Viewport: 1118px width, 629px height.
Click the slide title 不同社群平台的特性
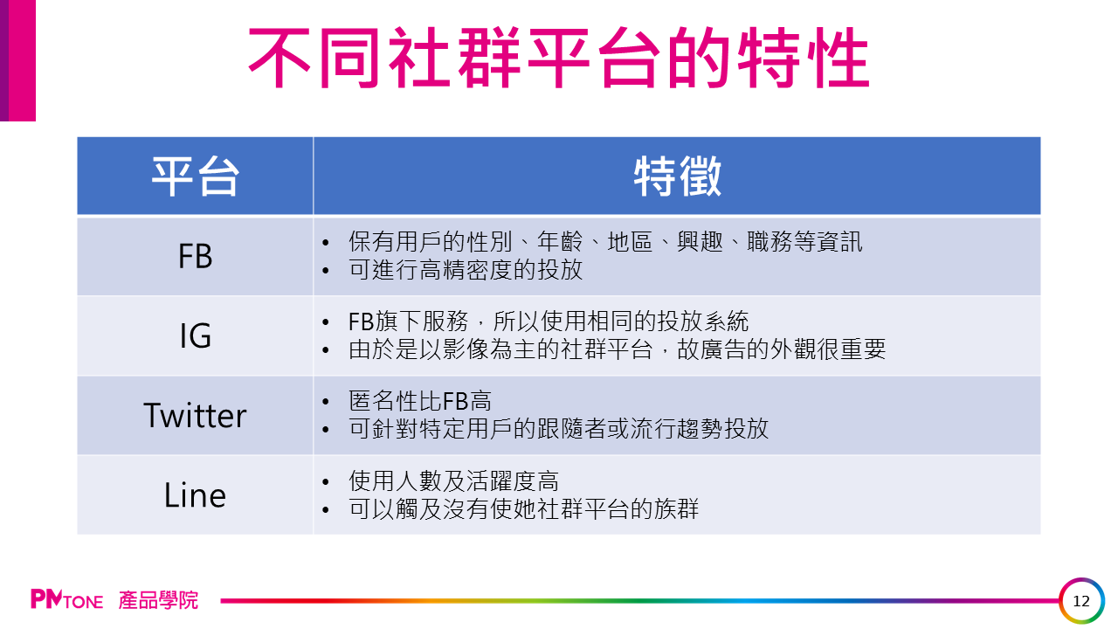pyautogui.click(x=559, y=58)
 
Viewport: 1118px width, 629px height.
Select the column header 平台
pyautogui.click(x=195, y=176)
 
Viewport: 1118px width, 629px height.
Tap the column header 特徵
pyautogui.click(x=677, y=176)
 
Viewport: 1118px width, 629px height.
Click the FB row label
pyautogui.click(x=195, y=256)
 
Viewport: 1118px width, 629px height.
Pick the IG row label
pyautogui.click(x=195, y=335)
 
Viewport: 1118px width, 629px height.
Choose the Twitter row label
pyautogui.click(x=195, y=415)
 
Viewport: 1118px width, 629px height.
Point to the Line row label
pyautogui.click(x=195, y=495)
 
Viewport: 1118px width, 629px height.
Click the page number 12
pyautogui.click(x=1081, y=601)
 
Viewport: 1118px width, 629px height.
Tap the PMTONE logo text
pyautogui.click(x=67, y=599)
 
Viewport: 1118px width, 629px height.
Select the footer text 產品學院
pyautogui.click(x=158, y=600)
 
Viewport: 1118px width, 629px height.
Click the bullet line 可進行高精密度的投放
pyautogui.click(x=466, y=270)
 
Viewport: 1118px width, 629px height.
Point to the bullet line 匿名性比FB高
pyautogui.click(x=420, y=401)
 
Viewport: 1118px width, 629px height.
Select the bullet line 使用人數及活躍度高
pyautogui.click(x=453, y=480)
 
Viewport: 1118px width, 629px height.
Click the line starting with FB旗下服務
pyautogui.click(x=549, y=321)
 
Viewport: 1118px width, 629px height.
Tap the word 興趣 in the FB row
pyautogui.click(x=700, y=242)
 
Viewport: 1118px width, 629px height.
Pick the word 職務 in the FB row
pyautogui.click(x=770, y=242)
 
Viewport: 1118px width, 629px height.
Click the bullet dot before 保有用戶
pyautogui.click(x=326, y=243)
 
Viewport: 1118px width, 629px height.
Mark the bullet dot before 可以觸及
pyautogui.click(x=326, y=510)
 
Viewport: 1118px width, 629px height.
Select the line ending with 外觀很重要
pyautogui.click(x=617, y=349)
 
